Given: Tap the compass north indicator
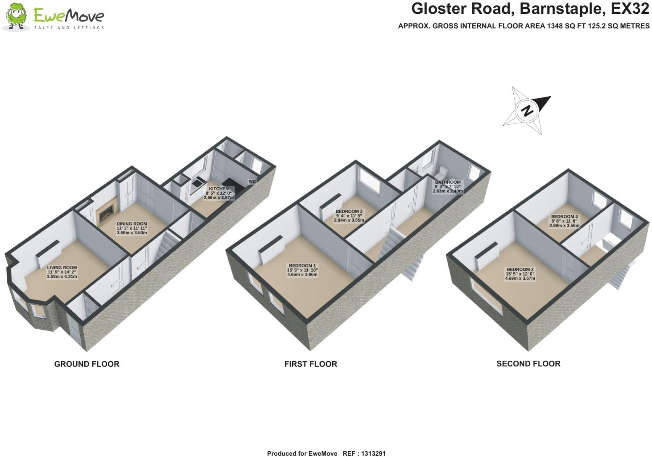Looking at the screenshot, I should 527,111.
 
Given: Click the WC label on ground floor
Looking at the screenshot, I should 252,181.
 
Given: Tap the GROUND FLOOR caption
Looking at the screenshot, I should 87,364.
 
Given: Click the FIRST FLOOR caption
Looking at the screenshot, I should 310,364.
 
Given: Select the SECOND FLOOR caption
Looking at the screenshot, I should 528,363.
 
